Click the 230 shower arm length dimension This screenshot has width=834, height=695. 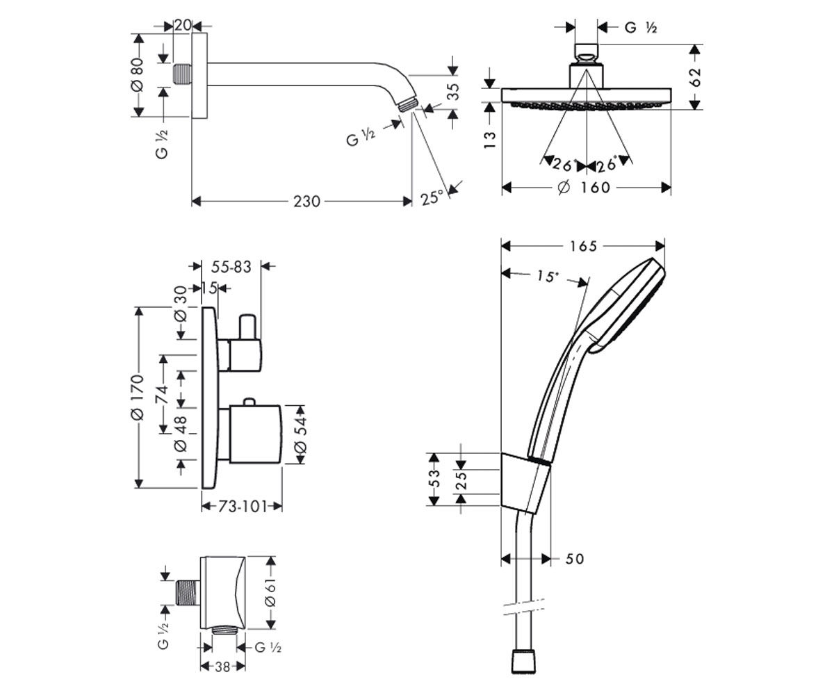pyautogui.click(x=306, y=202)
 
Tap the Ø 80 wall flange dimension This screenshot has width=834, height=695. pyautogui.click(x=137, y=74)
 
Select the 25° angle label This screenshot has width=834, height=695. pyautogui.click(x=432, y=197)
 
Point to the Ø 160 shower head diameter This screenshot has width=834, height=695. pyautogui.click(x=584, y=188)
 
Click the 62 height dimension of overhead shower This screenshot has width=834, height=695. pyautogui.click(x=695, y=77)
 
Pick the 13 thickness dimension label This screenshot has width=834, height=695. pyautogui.click(x=490, y=140)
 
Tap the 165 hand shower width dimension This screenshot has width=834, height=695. pyautogui.click(x=583, y=247)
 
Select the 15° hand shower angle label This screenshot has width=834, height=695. pyautogui.click(x=546, y=276)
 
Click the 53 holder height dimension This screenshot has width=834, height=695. pyautogui.click(x=434, y=478)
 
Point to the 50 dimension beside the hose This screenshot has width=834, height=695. pyautogui.click(x=575, y=559)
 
